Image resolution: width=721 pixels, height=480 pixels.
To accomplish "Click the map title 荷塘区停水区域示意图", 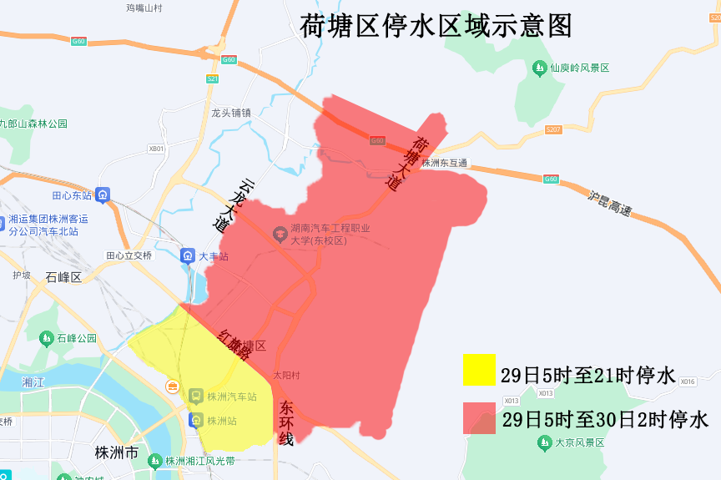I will click(x=436, y=26).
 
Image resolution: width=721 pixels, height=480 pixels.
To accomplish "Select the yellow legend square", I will click(x=479, y=369).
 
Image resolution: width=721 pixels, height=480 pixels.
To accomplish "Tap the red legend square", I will click(x=479, y=417).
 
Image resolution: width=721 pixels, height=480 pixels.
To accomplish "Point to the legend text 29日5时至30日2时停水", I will click(x=605, y=419).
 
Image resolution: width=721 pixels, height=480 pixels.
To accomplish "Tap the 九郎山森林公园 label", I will click(x=33, y=124).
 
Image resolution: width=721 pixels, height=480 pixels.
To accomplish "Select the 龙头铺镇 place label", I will click(x=231, y=112).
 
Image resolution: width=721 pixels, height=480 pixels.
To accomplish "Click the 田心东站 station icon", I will click(x=103, y=195).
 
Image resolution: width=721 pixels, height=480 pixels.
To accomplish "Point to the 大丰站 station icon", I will click(x=189, y=255).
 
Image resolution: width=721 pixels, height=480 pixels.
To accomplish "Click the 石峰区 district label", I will click(x=63, y=277).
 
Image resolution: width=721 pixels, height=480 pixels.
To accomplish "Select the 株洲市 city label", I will click(x=116, y=452).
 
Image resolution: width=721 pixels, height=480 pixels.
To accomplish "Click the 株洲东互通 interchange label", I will click(x=445, y=163).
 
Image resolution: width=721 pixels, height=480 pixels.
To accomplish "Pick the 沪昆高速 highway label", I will click(x=610, y=204).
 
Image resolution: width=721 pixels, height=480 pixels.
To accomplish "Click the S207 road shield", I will click(x=553, y=129).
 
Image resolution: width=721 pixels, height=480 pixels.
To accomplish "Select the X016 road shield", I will click(x=688, y=381).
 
